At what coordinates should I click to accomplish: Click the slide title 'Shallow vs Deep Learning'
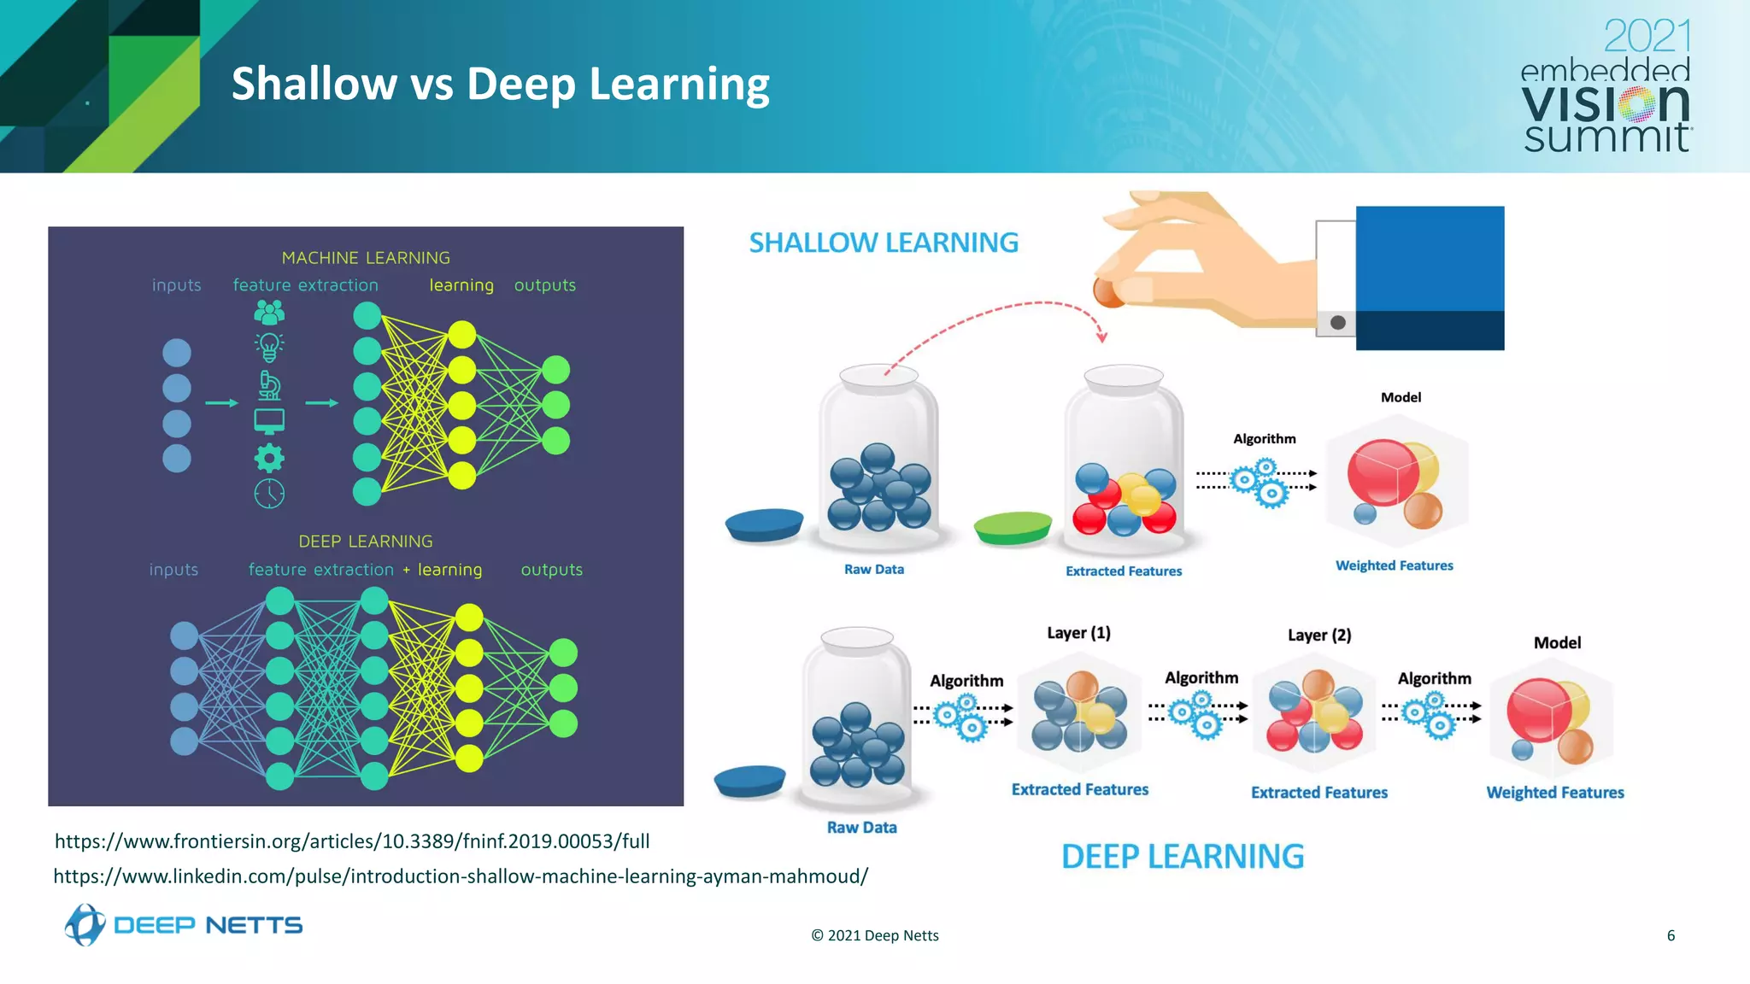500,85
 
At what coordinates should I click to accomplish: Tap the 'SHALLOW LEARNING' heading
884,243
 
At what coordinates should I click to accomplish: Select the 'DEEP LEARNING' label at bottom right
1182,856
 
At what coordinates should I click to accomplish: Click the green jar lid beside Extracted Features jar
1013,527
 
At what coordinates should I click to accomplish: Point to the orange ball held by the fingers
1108,291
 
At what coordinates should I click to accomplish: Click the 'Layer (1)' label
1078,633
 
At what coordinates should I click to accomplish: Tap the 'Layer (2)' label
1318,635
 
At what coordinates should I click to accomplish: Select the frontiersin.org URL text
352,841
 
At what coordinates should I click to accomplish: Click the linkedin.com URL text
461,876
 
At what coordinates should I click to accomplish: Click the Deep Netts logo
183,925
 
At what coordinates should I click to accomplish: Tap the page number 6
1671,935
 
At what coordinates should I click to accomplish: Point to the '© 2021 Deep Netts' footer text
874,935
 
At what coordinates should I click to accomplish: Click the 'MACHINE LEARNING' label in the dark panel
366,258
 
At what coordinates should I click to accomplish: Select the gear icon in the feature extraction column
269,458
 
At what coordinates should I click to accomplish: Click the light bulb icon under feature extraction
269,347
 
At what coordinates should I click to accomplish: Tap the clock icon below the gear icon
269,494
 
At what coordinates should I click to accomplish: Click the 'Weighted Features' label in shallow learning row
1394,565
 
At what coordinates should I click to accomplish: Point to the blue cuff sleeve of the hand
1429,278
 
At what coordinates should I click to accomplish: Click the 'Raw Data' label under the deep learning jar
861,827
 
